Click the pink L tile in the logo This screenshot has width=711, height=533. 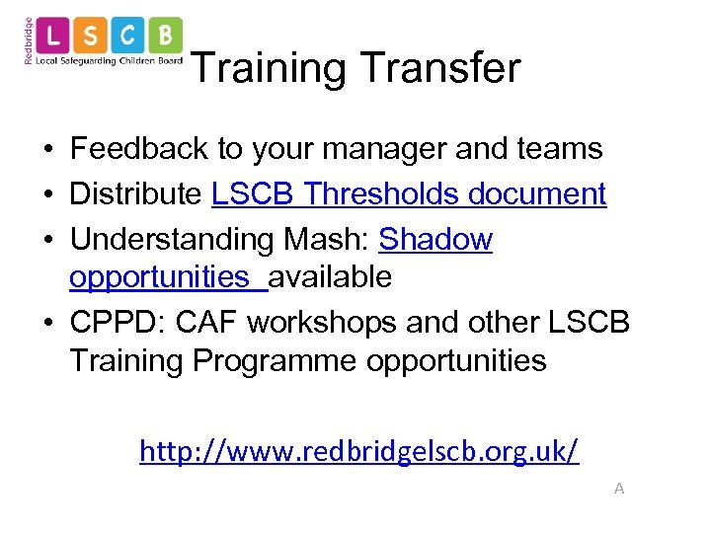click(x=54, y=37)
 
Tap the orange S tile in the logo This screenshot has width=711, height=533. click(x=91, y=37)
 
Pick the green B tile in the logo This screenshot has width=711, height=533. click(x=165, y=37)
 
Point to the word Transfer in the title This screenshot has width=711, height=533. click(x=439, y=68)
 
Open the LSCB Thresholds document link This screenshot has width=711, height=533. click(x=408, y=193)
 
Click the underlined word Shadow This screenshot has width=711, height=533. click(x=434, y=239)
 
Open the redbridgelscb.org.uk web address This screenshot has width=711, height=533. click(x=358, y=451)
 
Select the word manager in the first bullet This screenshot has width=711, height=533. click(x=374, y=149)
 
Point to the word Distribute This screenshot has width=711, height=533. click(x=135, y=193)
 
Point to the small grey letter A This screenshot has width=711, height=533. click(x=619, y=488)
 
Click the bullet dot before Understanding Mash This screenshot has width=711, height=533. click(x=47, y=240)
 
